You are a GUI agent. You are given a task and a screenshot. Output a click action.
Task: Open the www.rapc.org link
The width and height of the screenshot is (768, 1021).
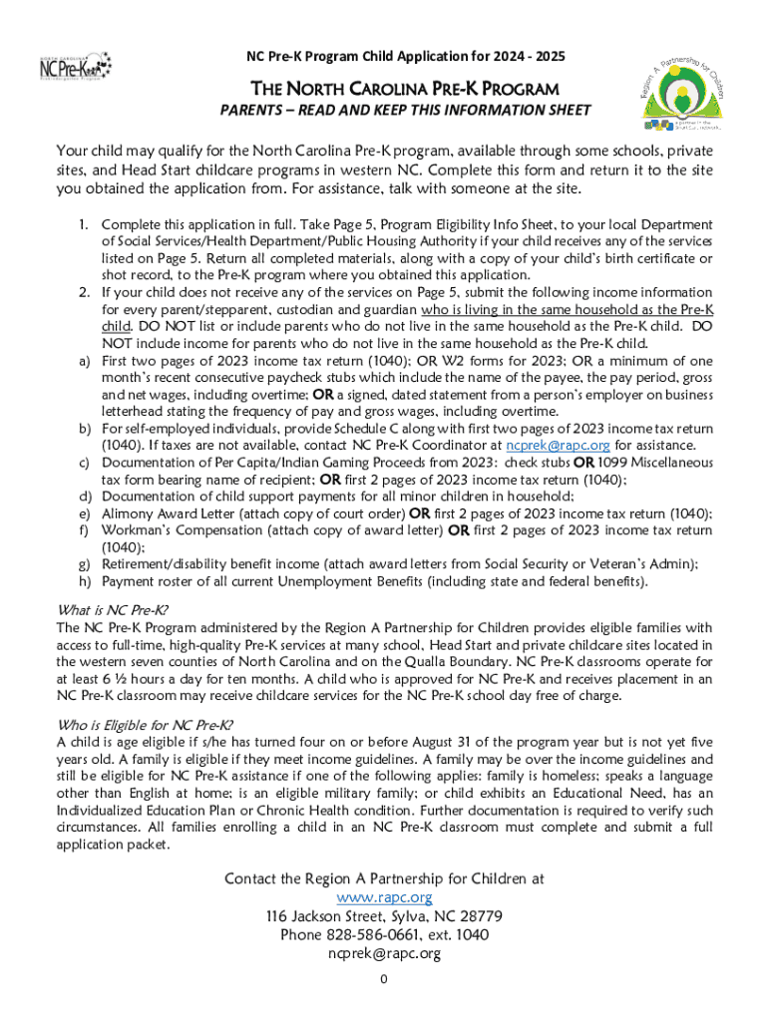click(x=384, y=897)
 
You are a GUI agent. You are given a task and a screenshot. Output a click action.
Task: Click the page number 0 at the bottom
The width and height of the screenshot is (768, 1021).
click(x=383, y=978)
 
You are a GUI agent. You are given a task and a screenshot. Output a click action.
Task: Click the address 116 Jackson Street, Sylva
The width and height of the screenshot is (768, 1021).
click(x=383, y=915)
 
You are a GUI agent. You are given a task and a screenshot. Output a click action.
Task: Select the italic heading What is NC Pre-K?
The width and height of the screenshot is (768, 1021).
click(x=112, y=609)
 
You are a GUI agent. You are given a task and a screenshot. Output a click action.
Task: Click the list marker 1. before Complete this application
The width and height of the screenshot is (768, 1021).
click(x=84, y=225)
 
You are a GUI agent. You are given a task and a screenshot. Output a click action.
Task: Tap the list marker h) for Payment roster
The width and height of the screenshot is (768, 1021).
click(x=85, y=581)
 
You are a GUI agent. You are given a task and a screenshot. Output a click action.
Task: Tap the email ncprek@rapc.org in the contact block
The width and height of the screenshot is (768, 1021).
click(x=384, y=953)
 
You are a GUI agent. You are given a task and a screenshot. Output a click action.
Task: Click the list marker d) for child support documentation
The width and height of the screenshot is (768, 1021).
click(x=85, y=497)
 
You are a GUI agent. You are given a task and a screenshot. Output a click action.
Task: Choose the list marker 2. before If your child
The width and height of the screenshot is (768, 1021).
click(x=84, y=292)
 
